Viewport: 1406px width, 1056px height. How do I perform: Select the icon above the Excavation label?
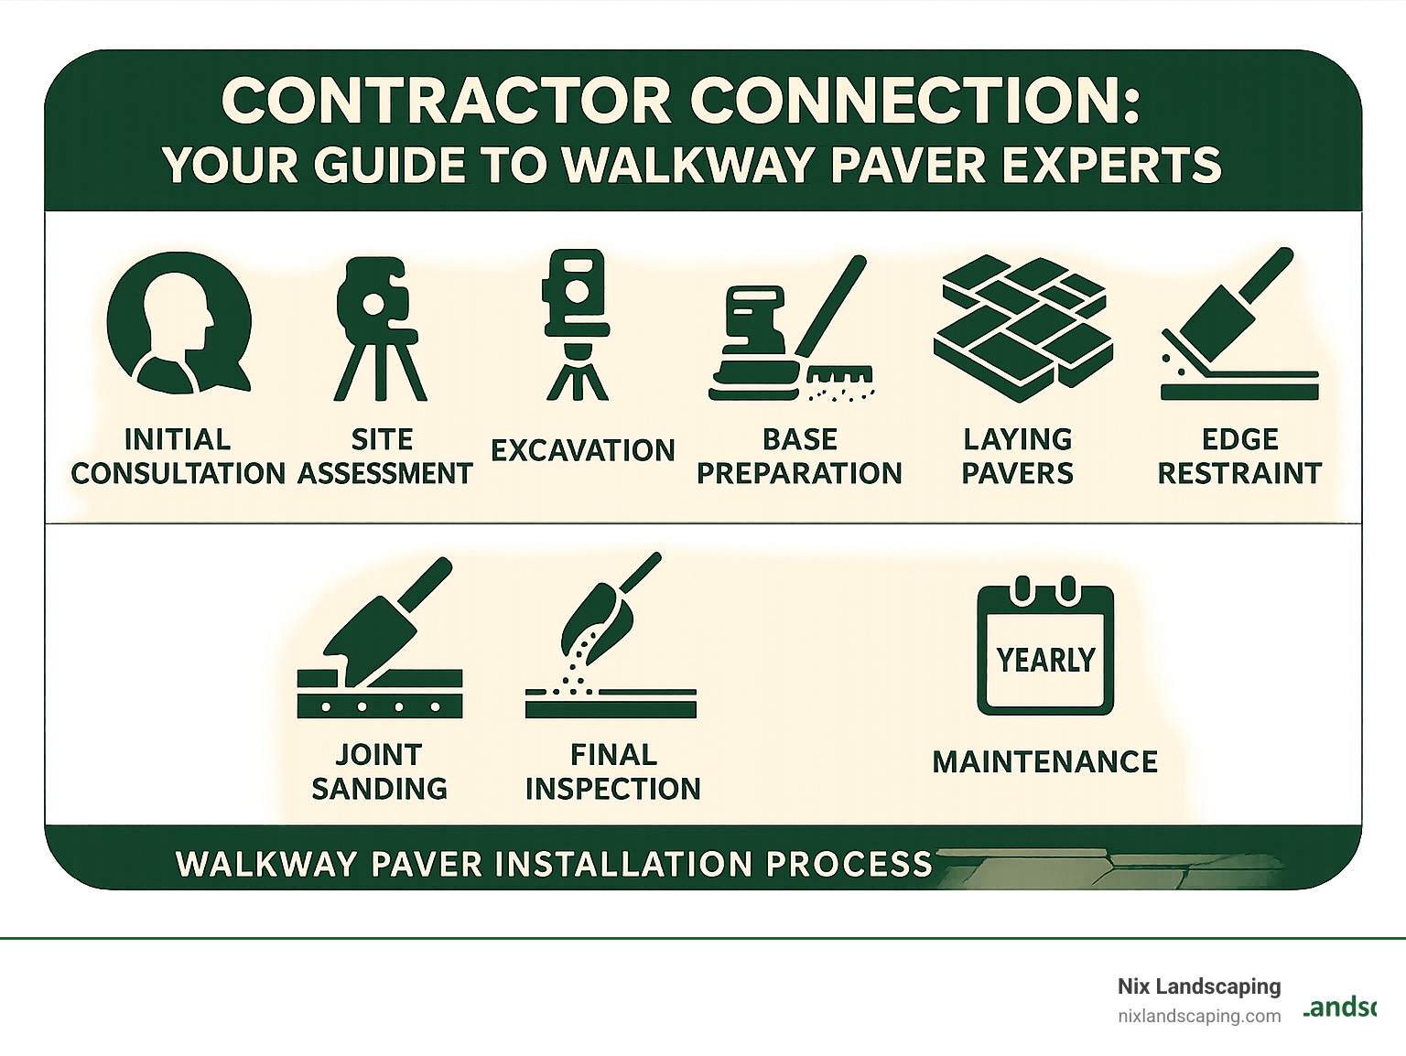[577, 325]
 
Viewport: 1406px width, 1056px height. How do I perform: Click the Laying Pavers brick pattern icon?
[1023, 320]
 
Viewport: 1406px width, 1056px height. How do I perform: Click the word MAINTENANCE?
[1045, 761]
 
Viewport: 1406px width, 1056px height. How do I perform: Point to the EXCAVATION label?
[583, 450]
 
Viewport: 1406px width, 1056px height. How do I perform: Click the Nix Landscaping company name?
[1199, 986]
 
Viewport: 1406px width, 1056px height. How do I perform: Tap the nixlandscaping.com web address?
[1199, 1017]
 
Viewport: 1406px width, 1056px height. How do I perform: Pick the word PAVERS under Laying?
[1018, 473]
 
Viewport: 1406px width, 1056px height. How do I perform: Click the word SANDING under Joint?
[380, 789]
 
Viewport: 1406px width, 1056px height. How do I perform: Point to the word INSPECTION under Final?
[613, 789]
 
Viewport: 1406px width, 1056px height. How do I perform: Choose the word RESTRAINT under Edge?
[1240, 473]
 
